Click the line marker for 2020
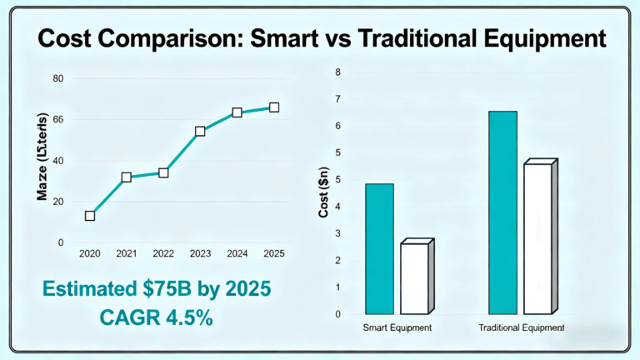90,216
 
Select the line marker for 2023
200,132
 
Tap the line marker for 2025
274,107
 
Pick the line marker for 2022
163,172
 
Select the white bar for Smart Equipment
414,278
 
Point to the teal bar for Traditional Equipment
502,212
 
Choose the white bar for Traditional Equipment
537,238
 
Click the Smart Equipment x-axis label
397,328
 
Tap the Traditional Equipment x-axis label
522,328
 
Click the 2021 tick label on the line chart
126,252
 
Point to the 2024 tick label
237,252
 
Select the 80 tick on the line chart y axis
58,78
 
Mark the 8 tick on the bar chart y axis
337,72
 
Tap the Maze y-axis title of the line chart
42,157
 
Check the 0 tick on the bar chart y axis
337,314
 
